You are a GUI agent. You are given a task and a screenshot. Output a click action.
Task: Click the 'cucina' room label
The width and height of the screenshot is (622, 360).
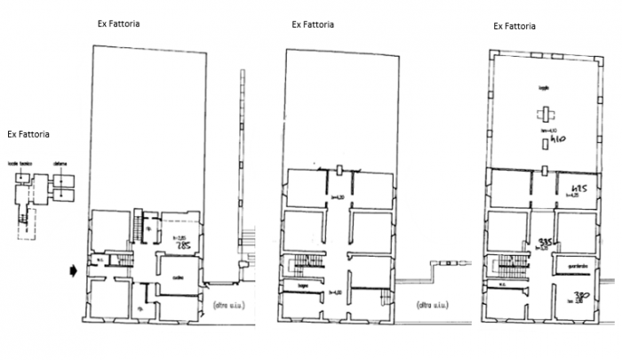[179, 276]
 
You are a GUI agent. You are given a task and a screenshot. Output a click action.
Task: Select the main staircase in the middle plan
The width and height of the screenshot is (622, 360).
[291, 264]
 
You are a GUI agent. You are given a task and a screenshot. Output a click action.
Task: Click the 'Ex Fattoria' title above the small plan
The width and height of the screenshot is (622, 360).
[28, 134]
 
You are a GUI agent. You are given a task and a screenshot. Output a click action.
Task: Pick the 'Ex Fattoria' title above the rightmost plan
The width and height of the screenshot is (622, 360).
[514, 28]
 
